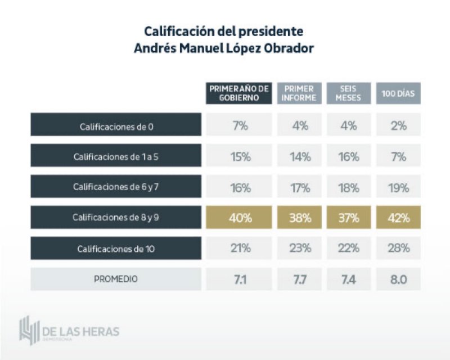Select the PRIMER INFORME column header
pyautogui.click(x=299, y=93)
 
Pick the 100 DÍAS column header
pyautogui.click(x=398, y=93)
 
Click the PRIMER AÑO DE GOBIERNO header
pyautogui.click(x=240, y=93)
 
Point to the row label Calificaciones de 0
pyautogui.click(x=116, y=127)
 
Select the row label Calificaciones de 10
pyautogui.click(x=116, y=248)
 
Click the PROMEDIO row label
pyautogui.click(x=116, y=278)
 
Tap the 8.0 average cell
pyautogui.click(x=398, y=278)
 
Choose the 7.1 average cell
pyautogui.click(x=240, y=278)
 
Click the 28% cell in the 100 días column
pyautogui.click(x=398, y=248)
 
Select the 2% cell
pyautogui.click(x=398, y=126)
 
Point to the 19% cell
pyautogui.click(x=398, y=188)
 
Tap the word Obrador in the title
pyautogui.click(x=287, y=48)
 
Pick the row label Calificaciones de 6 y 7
pyautogui.click(x=116, y=188)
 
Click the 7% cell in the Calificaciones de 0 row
pyautogui.click(x=240, y=126)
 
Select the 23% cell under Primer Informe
pyautogui.click(x=300, y=248)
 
